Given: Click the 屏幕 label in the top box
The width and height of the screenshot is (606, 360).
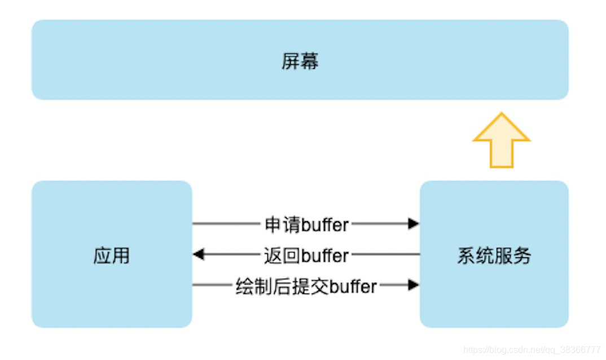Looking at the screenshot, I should pyautogui.click(x=300, y=61).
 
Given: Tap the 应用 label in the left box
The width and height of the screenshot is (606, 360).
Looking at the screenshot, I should pyautogui.click(x=111, y=256).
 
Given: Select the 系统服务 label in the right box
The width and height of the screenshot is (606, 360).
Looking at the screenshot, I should pyautogui.click(x=494, y=256).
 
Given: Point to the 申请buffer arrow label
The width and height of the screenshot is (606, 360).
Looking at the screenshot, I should pyautogui.click(x=306, y=225).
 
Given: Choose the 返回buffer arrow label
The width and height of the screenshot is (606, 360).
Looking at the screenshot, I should pyautogui.click(x=306, y=255).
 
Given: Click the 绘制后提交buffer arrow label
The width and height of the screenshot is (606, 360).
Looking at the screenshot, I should pyautogui.click(x=306, y=286).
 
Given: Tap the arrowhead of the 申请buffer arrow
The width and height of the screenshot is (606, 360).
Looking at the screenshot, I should pyautogui.click(x=414, y=224).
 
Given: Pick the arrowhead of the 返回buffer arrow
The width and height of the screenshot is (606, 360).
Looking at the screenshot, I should pyautogui.click(x=198, y=254).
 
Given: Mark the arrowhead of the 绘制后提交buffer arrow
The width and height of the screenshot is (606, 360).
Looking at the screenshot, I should pyautogui.click(x=414, y=285).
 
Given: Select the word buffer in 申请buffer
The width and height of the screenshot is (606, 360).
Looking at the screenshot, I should pyautogui.click(x=326, y=225).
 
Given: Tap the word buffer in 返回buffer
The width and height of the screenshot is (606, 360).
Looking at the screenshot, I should pyautogui.click(x=326, y=255).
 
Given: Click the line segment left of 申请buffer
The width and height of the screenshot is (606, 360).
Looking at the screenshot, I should pyautogui.click(x=226, y=224).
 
